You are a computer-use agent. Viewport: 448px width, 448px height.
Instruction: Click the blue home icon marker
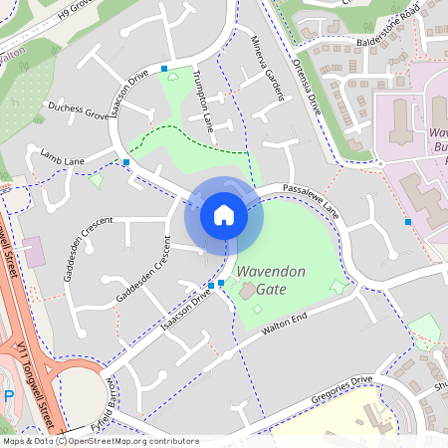click(x=224, y=215)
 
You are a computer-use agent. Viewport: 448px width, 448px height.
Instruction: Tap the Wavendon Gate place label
click(x=271, y=279)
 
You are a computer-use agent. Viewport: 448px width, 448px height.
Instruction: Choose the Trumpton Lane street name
click(x=204, y=101)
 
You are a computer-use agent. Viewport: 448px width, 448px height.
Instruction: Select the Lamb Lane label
click(x=63, y=156)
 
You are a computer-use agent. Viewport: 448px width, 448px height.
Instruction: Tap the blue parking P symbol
click(x=9, y=396)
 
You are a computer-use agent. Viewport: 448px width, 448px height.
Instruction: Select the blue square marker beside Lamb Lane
click(x=126, y=161)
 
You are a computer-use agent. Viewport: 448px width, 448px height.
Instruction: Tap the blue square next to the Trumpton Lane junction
click(x=164, y=68)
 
